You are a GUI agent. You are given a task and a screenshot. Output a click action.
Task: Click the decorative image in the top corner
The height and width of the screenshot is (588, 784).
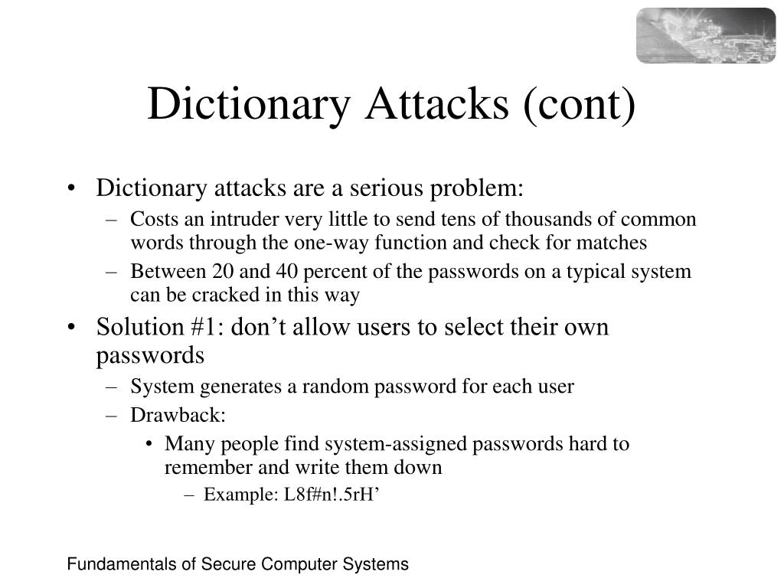pyautogui.click(x=705, y=35)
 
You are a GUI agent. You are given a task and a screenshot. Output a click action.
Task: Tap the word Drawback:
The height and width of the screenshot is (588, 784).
pyautogui.click(x=178, y=415)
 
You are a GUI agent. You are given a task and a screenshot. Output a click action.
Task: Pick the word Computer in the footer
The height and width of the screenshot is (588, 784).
pyautogui.click(x=293, y=565)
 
